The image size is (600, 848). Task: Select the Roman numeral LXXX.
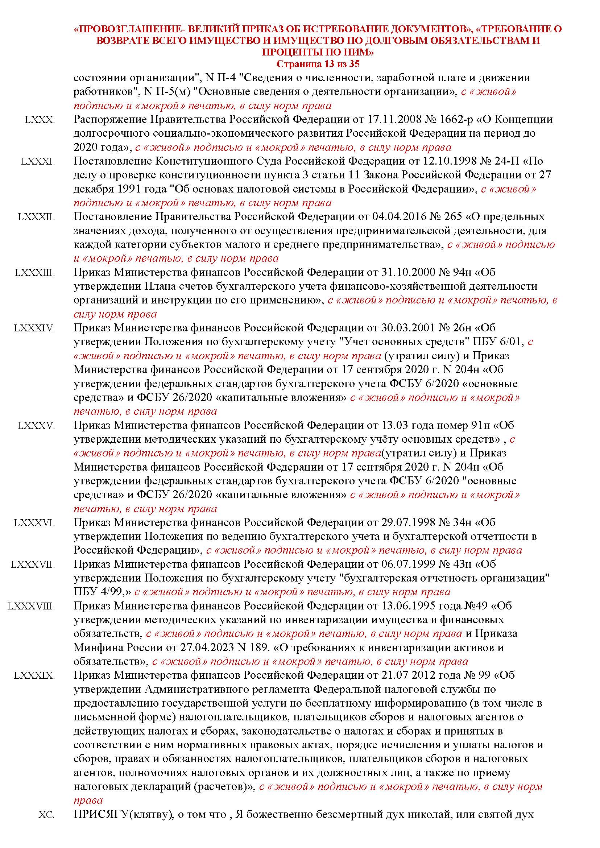point(40,120)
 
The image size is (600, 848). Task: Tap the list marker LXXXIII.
point(35,273)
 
